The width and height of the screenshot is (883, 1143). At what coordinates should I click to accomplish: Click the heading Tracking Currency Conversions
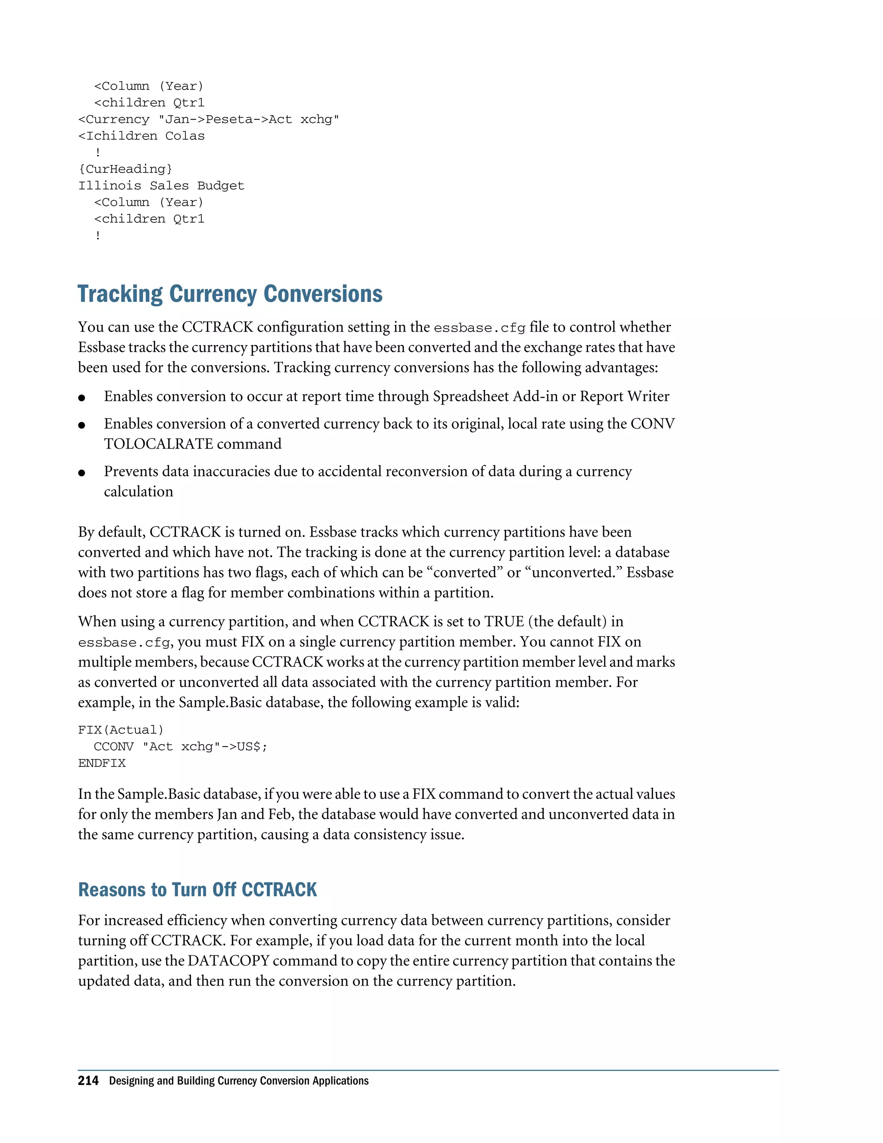click(230, 294)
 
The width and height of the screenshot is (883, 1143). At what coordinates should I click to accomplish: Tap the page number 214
click(88, 1081)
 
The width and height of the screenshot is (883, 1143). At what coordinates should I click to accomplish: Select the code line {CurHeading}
click(125, 169)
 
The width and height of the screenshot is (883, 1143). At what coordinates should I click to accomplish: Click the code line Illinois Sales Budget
click(161, 186)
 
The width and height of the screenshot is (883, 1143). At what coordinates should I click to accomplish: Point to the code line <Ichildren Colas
click(141, 136)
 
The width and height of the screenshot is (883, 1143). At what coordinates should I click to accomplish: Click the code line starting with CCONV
click(181, 747)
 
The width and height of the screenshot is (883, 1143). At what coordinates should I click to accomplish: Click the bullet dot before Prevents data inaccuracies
click(81, 473)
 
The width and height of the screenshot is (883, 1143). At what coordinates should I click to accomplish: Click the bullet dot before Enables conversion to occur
click(81, 398)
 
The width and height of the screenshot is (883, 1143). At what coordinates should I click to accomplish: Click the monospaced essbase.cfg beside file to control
click(479, 328)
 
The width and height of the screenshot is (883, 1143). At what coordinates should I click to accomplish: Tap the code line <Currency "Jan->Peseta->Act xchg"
click(209, 119)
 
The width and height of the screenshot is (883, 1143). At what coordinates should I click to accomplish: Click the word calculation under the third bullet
click(138, 492)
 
